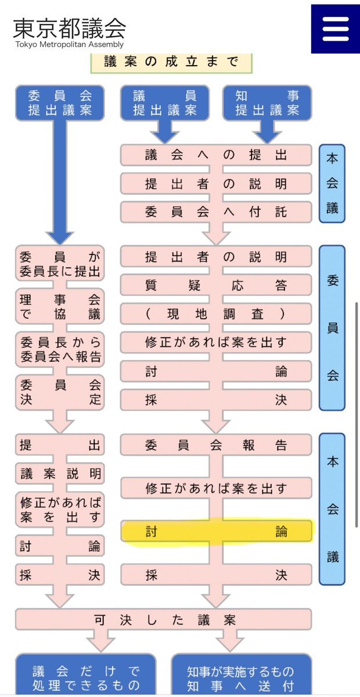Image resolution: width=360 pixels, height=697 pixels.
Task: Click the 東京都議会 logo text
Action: [x=69, y=28]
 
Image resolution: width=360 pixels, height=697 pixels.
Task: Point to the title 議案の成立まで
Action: [x=171, y=62]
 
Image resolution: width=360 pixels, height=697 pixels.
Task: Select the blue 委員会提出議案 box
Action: [x=60, y=103]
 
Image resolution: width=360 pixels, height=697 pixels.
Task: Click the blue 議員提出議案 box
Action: [x=165, y=103]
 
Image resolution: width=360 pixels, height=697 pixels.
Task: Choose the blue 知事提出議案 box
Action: [x=267, y=103]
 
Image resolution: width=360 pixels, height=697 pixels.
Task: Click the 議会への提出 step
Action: [x=216, y=156]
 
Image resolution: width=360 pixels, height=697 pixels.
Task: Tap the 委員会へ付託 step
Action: [x=216, y=212]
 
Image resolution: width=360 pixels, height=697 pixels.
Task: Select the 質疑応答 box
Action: [x=216, y=285]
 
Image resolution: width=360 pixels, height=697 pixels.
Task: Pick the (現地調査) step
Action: [x=216, y=314]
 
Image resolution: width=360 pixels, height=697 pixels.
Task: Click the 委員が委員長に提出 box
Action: [x=60, y=264]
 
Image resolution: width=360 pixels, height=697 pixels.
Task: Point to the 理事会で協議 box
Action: [x=60, y=307]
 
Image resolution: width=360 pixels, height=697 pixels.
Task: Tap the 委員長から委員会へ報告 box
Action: [x=60, y=350]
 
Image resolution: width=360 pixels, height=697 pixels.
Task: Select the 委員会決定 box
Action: [x=60, y=392]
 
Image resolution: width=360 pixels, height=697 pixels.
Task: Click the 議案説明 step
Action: [x=60, y=473]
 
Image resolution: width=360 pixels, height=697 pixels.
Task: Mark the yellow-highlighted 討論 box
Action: [x=216, y=531]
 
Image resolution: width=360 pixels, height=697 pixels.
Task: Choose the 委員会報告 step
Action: [x=216, y=445]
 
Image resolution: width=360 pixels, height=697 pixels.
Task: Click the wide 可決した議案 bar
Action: [x=164, y=620]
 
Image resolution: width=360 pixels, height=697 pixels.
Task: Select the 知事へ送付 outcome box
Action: [x=241, y=678]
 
